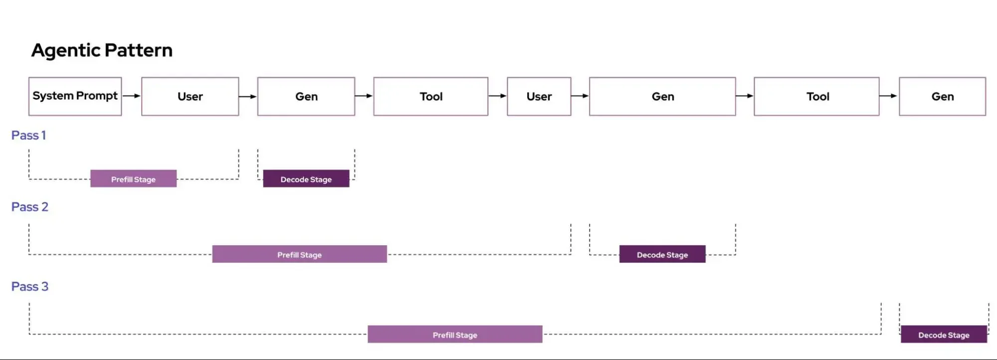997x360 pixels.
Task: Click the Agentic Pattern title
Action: pos(102,50)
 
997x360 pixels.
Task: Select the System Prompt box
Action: pos(75,96)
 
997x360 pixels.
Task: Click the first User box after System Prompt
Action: pos(190,96)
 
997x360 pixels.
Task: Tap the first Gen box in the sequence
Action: pos(306,96)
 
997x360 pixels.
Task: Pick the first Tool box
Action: pos(431,96)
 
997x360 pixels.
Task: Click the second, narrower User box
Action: pos(539,96)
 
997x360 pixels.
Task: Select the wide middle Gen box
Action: pos(662,96)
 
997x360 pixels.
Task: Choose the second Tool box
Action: pos(817,96)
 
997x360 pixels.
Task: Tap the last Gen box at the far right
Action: pos(942,96)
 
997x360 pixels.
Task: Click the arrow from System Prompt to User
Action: pos(132,96)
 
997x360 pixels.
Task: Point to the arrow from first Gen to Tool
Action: pos(364,96)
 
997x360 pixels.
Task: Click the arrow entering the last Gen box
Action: pos(889,96)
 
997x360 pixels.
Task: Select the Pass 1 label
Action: pos(28,135)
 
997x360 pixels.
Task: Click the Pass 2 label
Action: pos(29,207)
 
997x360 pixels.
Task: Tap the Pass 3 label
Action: pos(29,287)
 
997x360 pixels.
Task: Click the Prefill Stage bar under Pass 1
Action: pos(133,179)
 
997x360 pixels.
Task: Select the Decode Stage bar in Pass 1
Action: pos(306,179)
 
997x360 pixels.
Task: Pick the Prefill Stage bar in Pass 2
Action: pos(299,254)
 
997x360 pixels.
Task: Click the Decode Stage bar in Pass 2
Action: pos(662,254)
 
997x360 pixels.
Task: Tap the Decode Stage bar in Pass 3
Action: pos(944,335)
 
